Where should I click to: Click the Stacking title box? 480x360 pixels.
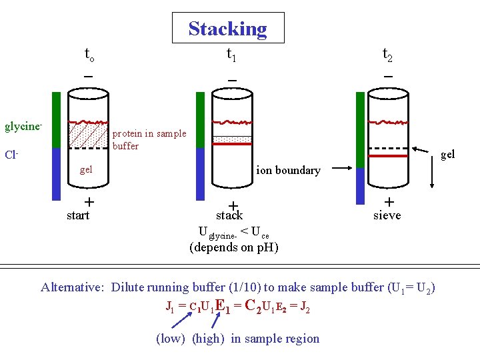(x=228, y=29)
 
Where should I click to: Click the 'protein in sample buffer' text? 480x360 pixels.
(x=149, y=139)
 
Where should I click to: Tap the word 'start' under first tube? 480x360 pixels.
(x=78, y=215)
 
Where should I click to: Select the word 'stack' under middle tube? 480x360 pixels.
(x=229, y=216)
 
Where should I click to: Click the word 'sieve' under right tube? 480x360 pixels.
(x=387, y=215)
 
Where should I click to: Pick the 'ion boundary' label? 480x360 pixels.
(x=289, y=170)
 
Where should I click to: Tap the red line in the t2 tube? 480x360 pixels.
(x=389, y=156)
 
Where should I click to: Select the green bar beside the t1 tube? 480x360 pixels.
(x=200, y=120)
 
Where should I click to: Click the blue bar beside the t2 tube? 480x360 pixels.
(x=360, y=186)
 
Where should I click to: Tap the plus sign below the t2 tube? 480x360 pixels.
(x=389, y=201)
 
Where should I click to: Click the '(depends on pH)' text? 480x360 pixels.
(x=234, y=247)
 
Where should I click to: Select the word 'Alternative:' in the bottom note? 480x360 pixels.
(x=72, y=287)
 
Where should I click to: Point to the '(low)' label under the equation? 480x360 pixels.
(x=171, y=339)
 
